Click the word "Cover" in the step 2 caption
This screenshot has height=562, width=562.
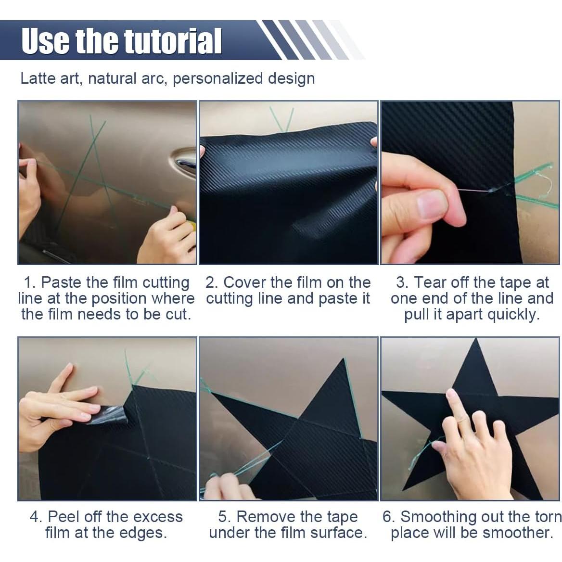[x=245, y=282]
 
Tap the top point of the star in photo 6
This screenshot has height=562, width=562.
[x=475, y=338]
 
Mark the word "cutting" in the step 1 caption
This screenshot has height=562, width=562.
[x=166, y=283]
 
